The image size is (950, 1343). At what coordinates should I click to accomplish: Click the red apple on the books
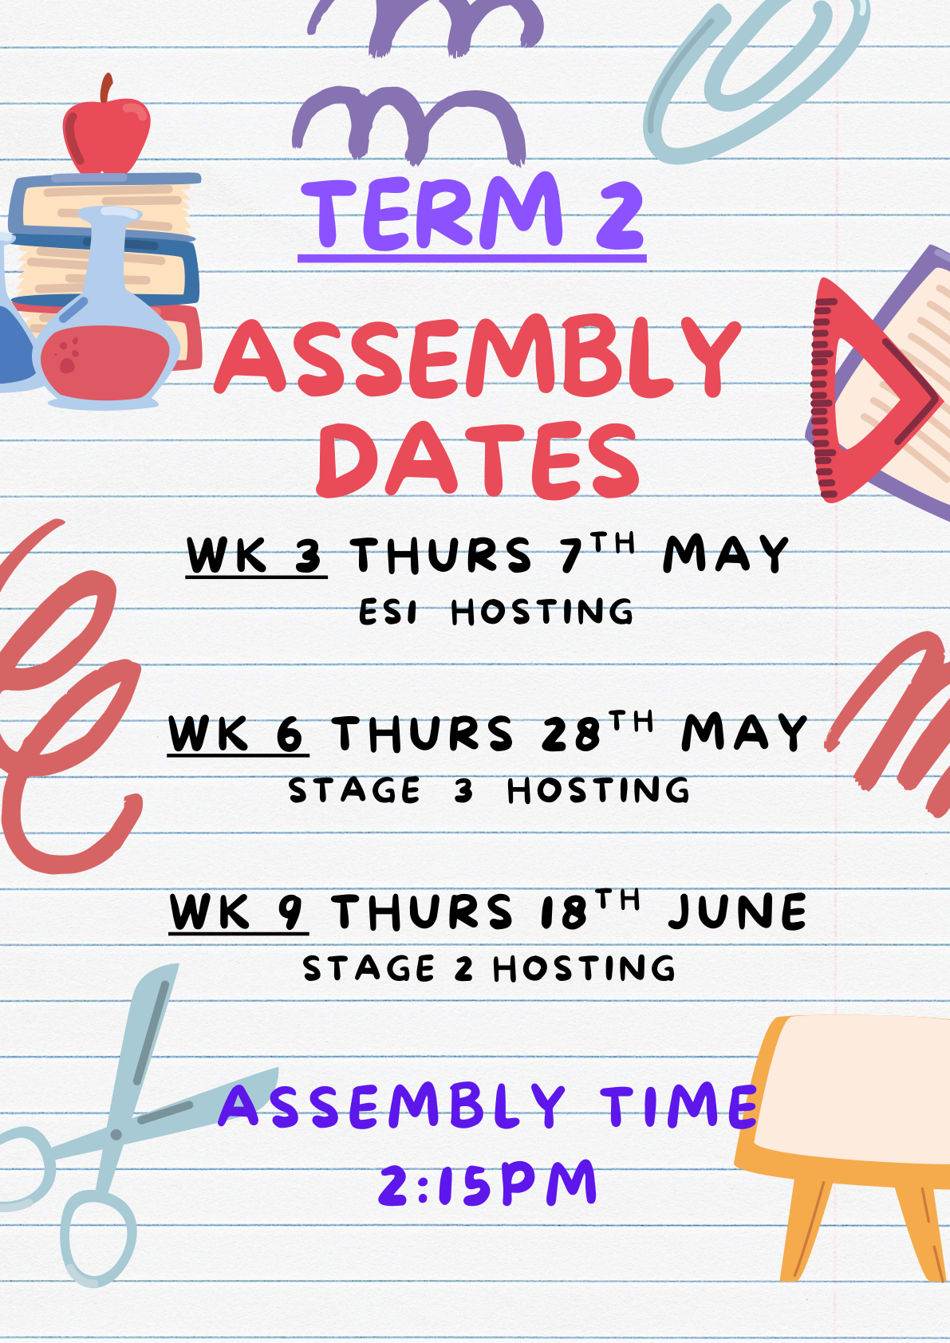(x=107, y=136)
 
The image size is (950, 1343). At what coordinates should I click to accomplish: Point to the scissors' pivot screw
(x=116, y=1134)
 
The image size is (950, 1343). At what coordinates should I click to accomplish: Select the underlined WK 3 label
(x=256, y=555)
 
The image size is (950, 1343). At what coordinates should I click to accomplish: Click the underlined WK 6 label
(x=238, y=734)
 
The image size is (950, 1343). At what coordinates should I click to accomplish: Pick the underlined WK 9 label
(x=238, y=912)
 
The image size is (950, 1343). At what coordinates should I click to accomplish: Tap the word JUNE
(x=737, y=912)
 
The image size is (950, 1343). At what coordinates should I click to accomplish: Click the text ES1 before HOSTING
(x=388, y=612)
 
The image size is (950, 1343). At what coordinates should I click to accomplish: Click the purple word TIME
(x=679, y=1105)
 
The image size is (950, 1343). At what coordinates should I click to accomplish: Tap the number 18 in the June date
(x=564, y=912)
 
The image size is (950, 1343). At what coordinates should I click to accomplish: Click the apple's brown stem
(x=106, y=88)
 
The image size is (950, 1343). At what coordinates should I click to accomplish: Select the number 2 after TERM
(x=620, y=216)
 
